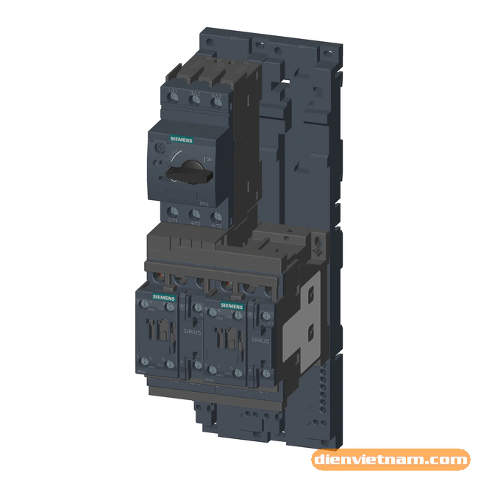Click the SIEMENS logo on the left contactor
pyautogui.click(x=164, y=296)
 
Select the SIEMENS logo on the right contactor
pyautogui.click(x=232, y=304)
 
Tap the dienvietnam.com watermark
pyautogui.click(x=390, y=460)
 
